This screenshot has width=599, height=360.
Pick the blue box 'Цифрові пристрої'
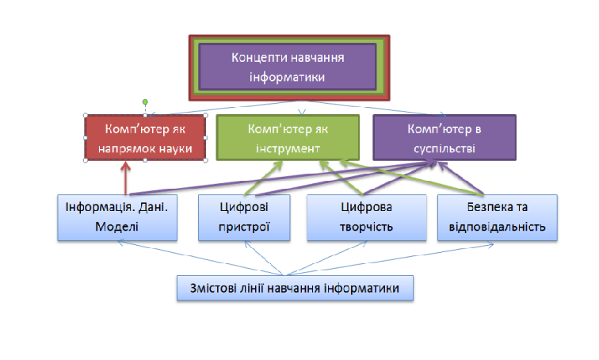coord(245,216)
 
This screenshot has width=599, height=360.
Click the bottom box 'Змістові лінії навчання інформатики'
coord(295,288)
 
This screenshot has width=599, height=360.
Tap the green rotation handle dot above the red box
coord(144,101)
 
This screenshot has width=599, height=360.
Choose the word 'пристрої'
coord(245,226)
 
